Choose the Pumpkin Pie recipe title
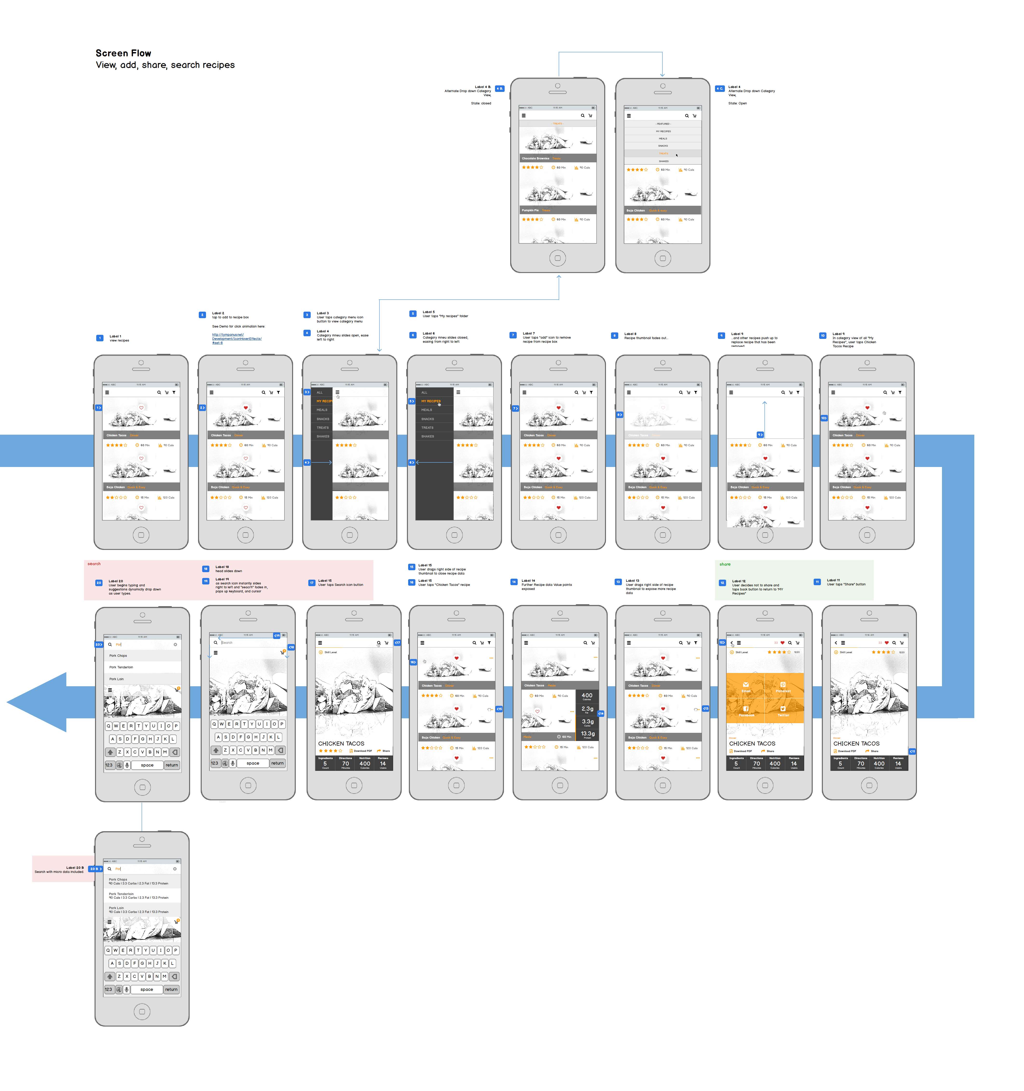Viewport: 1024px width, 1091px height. (530, 210)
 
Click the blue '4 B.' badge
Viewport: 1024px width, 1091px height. (499, 88)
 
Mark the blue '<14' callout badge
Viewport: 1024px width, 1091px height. (601, 714)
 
